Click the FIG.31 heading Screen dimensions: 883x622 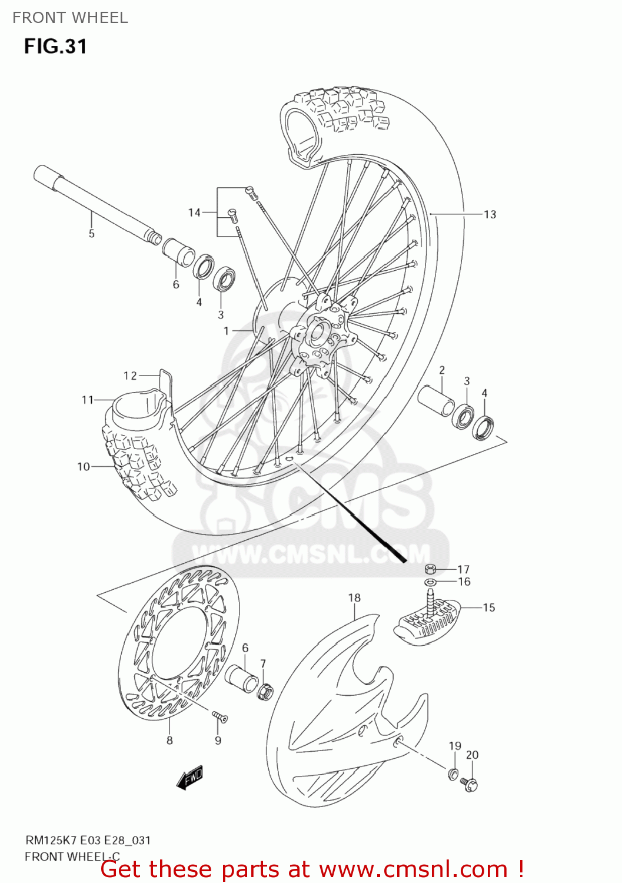tap(55, 47)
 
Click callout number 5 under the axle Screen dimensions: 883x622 tap(91, 234)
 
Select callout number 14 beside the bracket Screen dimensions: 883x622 tap(194, 213)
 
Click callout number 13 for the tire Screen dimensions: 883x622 tap(490, 215)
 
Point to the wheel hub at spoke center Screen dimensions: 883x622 tap(321, 336)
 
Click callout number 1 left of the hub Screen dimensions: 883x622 tap(226, 331)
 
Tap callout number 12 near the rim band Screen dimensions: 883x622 tap(130, 376)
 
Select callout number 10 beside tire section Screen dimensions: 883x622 tap(84, 467)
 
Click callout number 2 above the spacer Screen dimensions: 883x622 tap(442, 370)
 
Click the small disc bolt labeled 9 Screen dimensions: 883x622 tap(219, 716)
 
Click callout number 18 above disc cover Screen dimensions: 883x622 tap(354, 598)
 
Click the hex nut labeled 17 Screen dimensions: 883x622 tap(430, 569)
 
